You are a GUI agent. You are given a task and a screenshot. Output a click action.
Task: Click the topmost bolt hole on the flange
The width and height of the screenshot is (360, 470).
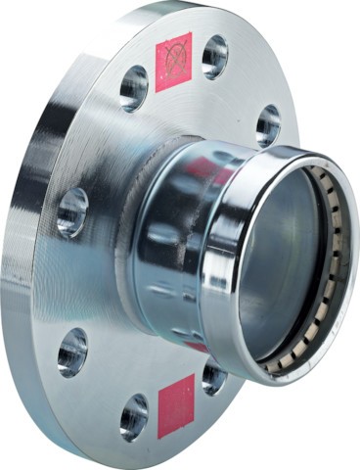(214, 56)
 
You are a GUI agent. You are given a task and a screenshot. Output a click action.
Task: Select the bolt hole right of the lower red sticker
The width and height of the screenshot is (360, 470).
(214, 377)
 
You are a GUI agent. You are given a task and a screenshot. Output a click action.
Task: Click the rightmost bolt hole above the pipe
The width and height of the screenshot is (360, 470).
(267, 125)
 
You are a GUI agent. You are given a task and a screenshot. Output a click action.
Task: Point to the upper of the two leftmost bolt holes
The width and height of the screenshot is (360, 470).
(71, 211)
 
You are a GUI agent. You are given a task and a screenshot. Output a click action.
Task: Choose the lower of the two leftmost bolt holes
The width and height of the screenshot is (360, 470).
(71, 351)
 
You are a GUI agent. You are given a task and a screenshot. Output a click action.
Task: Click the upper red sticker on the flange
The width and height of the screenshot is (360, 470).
(173, 62)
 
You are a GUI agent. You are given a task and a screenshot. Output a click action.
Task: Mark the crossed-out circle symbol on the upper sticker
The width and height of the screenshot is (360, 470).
(175, 59)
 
